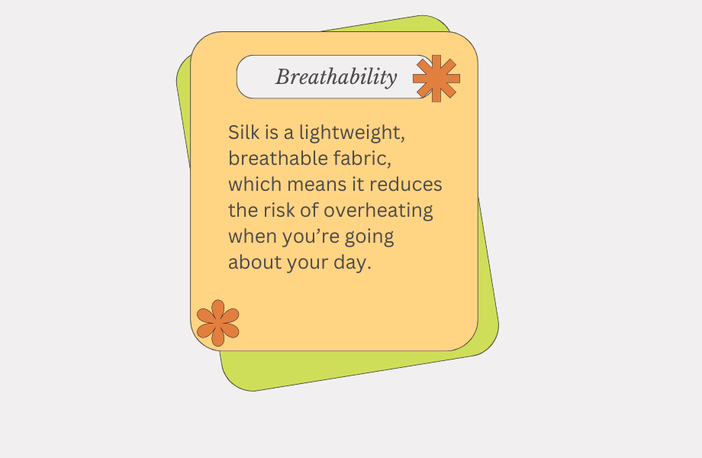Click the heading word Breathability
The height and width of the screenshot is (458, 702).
tap(337, 77)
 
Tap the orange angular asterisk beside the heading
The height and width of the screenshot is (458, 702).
tap(436, 79)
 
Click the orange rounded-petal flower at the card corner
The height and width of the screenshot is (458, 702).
tap(218, 323)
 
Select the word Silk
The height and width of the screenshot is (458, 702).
tap(244, 133)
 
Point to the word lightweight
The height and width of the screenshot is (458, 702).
tap(353, 134)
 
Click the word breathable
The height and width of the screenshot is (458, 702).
tap(279, 159)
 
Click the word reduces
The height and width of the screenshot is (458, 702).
tap(406, 185)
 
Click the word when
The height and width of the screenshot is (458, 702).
tap(253, 237)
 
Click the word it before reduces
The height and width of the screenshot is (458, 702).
tap(358, 185)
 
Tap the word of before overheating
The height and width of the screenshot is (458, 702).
tap(309, 211)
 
